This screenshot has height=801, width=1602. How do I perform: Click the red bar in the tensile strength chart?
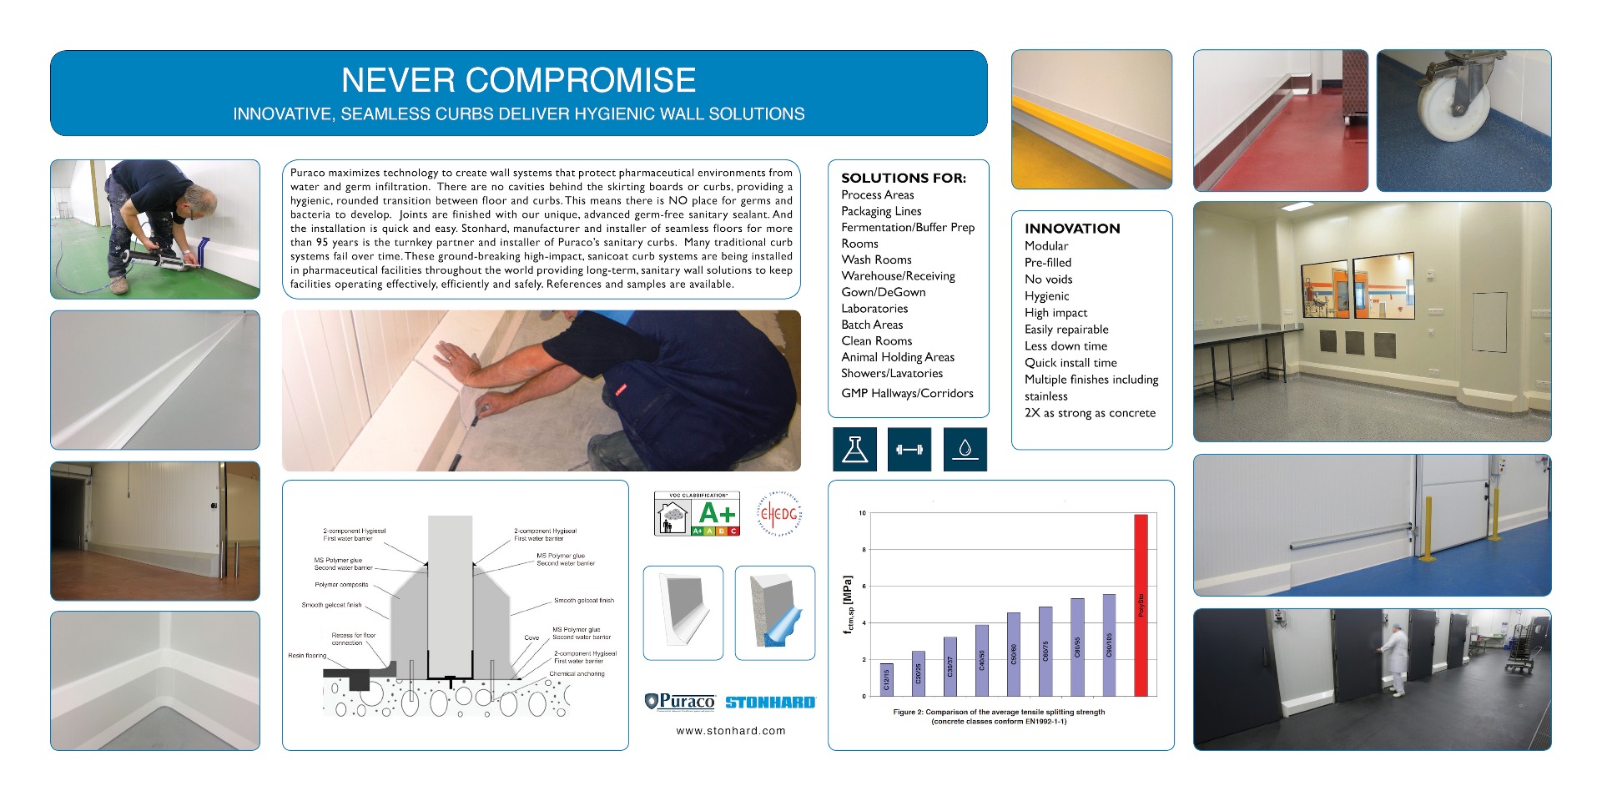click(x=1141, y=605)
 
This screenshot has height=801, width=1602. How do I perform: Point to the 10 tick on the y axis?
click(x=862, y=513)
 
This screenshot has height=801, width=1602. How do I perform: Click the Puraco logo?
click(x=680, y=702)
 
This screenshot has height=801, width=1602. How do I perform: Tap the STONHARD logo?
click(x=770, y=703)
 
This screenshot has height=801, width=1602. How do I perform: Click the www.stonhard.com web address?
click(x=731, y=731)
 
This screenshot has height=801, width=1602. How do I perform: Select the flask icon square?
click(x=854, y=449)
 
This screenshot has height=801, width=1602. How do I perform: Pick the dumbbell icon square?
click(x=909, y=449)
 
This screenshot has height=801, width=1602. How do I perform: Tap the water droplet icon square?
click(x=965, y=449)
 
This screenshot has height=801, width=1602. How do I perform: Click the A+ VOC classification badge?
click(x=697, y=513)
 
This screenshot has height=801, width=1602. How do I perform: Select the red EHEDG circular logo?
click(x=778, y=513)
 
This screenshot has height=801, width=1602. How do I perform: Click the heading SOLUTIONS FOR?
click(x=904, y=178)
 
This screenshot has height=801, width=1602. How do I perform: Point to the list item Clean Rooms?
click(x=876, y=340)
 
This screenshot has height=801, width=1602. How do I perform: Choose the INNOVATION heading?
click(x=1072, y=229)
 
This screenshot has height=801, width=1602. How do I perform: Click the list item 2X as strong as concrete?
click(x=1090, y=413)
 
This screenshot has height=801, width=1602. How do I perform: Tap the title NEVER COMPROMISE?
click(x=518, y=80)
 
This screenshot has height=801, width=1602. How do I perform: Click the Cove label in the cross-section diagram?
click(x=531, y=637)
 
